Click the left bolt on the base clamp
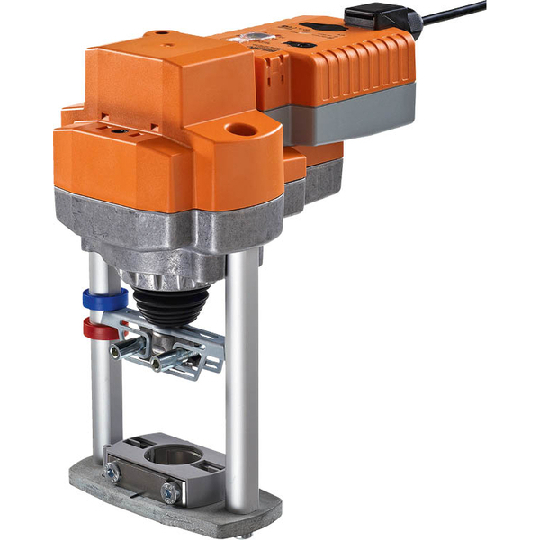point(113,471)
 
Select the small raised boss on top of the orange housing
point(163,36)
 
